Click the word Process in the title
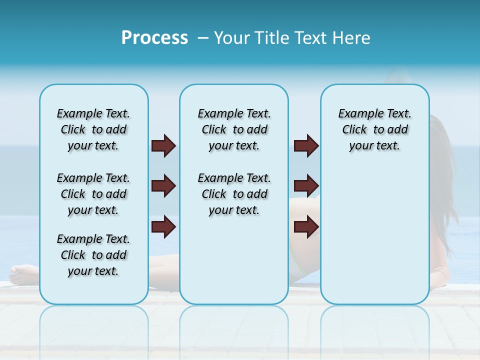pos(154,38)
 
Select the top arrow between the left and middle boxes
pos(163,145)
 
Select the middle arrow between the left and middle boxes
pos(163,186)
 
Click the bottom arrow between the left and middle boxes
pos(163,227)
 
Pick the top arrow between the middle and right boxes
pos(306,145)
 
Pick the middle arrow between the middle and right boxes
pos(306,186)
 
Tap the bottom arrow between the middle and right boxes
pos(306,227)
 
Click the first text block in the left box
pos(93,129)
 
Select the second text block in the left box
pos(93,194)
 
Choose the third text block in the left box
pos(93,255)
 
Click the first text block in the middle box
pos(234,129)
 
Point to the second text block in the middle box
pos(234,194)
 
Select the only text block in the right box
pos(374,129)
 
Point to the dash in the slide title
pos(203,38)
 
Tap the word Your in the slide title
pos(231,38)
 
